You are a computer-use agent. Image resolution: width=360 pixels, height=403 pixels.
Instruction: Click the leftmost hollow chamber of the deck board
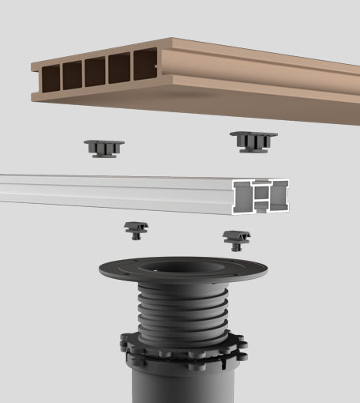point(51,77)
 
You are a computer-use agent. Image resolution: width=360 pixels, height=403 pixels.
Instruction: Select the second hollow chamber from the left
point(73,74)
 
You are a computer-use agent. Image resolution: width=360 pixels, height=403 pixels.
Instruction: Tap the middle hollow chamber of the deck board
point(95,71)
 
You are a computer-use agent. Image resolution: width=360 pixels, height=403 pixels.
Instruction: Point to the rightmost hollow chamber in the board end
point(144,64)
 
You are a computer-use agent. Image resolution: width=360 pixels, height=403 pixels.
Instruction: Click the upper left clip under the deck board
point(104,147)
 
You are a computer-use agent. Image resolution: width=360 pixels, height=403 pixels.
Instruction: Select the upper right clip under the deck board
point(253,141)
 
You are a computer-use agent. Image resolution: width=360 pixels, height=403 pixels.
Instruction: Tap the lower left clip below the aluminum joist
point(136,230)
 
